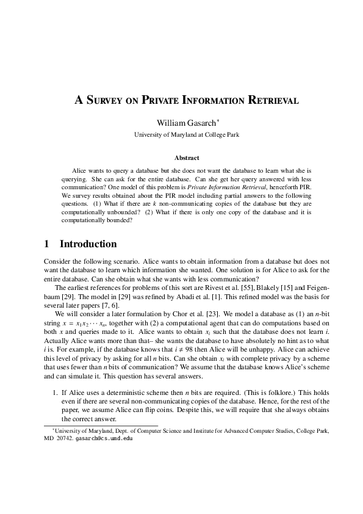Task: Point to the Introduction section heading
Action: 88,245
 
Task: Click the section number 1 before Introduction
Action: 47,245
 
